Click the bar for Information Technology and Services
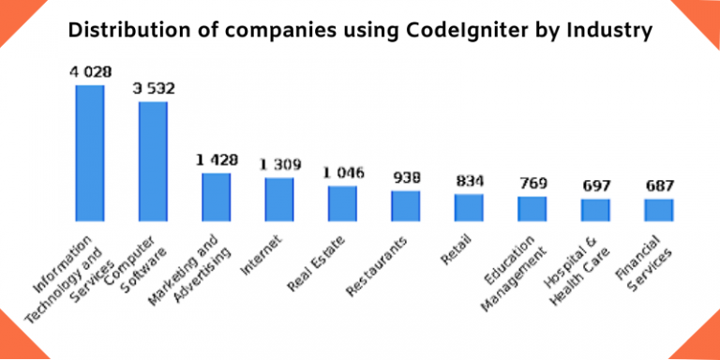coord(90,152)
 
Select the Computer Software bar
coord(153,160)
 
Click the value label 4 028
coord(90,72)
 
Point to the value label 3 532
coord(153,89)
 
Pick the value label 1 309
coord(279,166)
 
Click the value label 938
coord(406,178)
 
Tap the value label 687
coord(658,186)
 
